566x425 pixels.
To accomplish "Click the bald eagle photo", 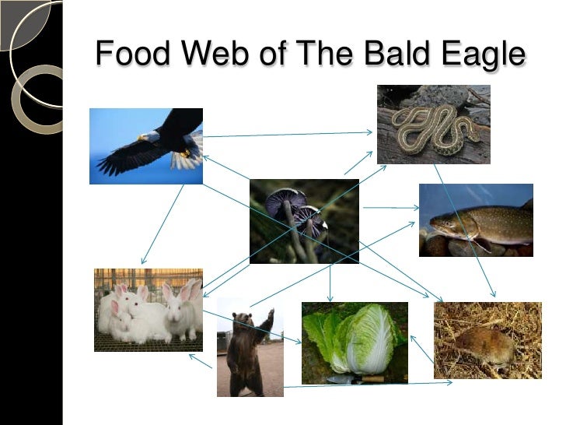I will (146, 146).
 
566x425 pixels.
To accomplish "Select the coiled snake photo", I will (434, 125).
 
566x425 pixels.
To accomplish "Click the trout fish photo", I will (476, 220).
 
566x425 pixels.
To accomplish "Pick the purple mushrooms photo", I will (304, 222).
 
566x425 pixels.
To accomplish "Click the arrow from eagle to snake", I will (288, 134).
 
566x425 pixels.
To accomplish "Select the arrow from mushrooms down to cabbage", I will (330, 282).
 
